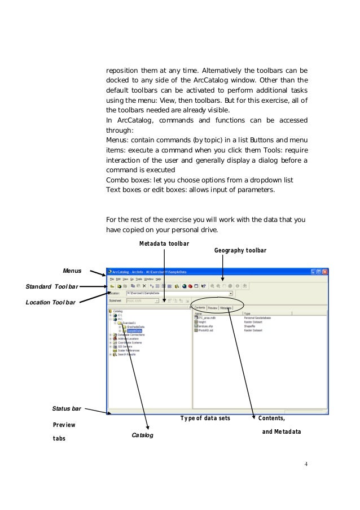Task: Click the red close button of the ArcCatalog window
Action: (x=325, y=272)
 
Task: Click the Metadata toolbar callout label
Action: (x=164, y=243)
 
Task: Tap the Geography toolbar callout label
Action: (x=240, y=250)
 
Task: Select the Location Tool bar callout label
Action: (x=50, y=302)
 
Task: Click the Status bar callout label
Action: (x=67, y=407)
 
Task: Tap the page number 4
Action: (x=305, y=464)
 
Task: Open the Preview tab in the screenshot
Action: (x=213, y=308)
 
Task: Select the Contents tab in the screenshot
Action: (x=199, y=308)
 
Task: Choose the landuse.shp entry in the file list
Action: (x=204, y=326)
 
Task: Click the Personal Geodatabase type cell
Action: (x=257, y=318)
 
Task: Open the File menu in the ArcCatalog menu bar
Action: (x=112, y=279)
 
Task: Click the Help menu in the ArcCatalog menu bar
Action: (x=159, y=279)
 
